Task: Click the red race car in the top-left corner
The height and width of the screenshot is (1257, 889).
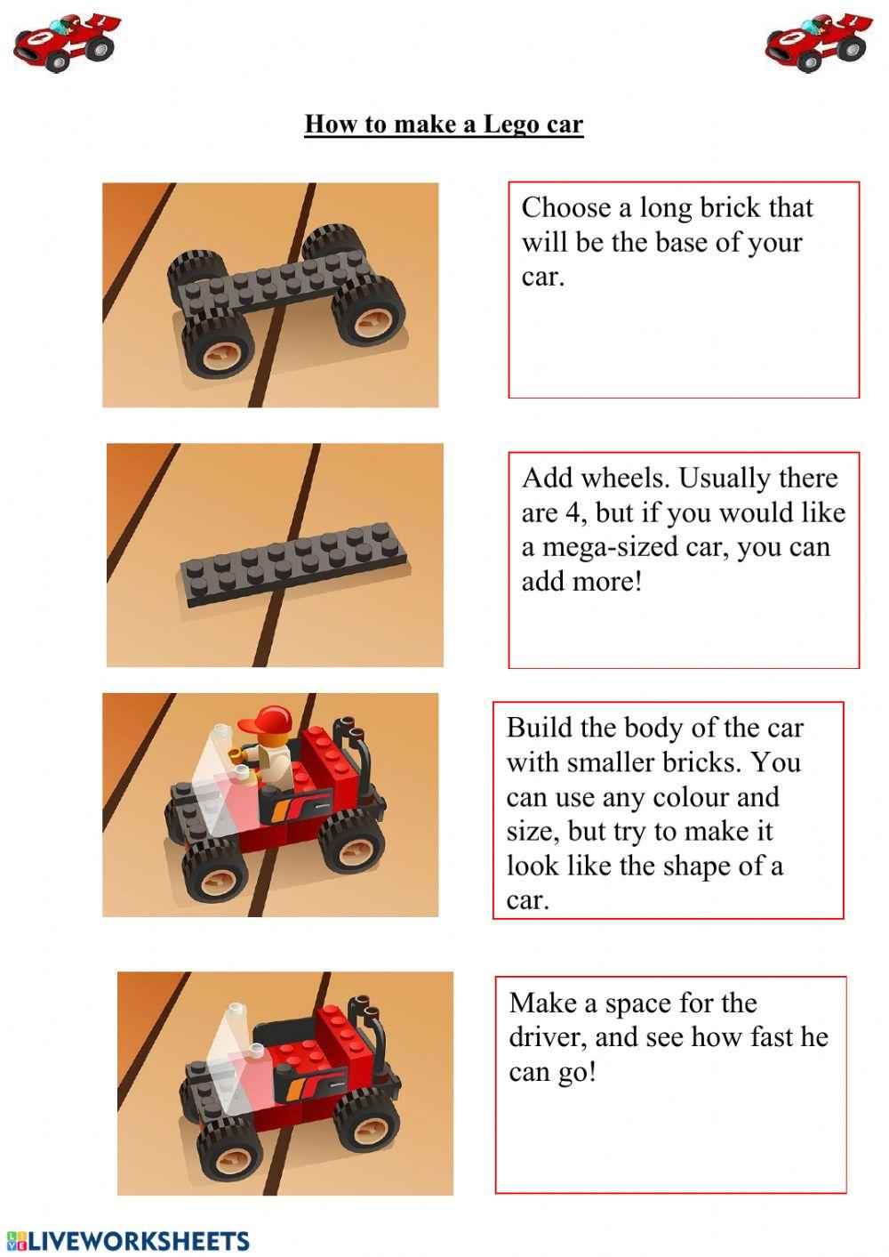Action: (x=66, y=42)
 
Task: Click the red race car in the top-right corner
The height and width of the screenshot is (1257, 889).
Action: (x=817, y=42)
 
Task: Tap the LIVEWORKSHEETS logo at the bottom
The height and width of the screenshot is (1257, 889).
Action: (x=128, y=1240)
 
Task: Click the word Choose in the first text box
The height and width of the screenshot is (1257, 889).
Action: (x=566, y=208)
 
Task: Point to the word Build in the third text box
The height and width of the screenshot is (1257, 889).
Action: (x=540, y=728)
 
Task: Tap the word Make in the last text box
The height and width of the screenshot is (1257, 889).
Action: (x=542, y=1003)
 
